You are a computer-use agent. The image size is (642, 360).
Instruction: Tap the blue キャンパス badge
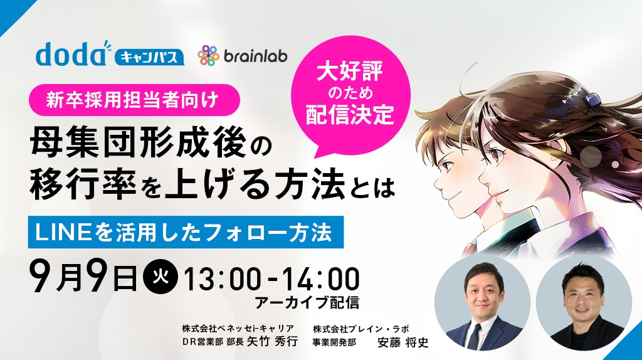(149, 57)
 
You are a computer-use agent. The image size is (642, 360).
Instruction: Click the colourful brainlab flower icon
(208, 55)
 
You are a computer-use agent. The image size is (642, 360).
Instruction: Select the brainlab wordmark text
(256, 56)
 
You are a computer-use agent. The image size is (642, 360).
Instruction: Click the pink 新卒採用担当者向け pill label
(134, 100)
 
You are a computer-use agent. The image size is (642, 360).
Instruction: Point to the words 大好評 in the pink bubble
(350, 71)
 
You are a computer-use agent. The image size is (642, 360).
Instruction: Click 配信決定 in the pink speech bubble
(350, 114)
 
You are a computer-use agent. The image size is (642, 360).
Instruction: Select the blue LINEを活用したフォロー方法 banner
(186, 232)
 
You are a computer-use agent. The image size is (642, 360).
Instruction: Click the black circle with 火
(160, 278)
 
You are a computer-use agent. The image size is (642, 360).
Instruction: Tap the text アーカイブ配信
(307, 303)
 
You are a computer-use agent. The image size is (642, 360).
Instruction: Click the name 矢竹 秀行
(272, 341)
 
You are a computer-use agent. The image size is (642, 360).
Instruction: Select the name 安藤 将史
(403, 342)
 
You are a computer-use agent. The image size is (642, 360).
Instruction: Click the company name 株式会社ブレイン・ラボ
(360, 329)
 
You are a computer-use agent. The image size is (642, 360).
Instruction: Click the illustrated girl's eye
(499, 154)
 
